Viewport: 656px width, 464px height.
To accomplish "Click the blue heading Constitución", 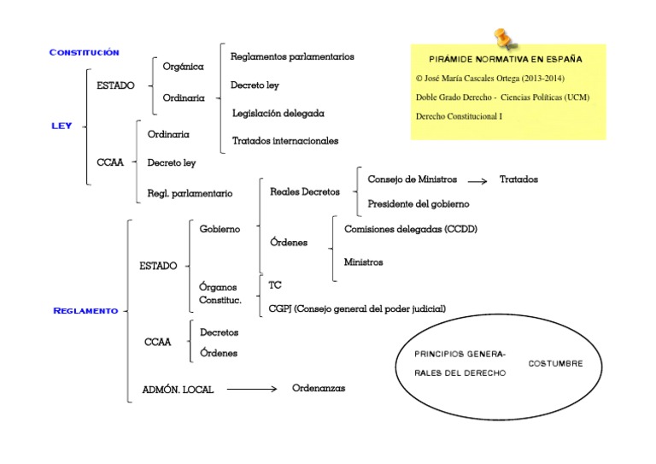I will [x=84, y=53].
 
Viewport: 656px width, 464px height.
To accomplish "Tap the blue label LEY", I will [x=61, y=126].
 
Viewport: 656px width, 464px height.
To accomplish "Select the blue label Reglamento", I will [x=85, y=311].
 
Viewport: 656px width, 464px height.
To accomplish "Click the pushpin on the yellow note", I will [x=501, y=38].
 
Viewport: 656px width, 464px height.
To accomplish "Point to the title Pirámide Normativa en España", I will [x=506, y=60].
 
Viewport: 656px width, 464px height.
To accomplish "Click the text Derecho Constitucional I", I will [x=459, y=115].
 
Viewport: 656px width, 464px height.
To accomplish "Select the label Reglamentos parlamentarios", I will [x=292, y=56].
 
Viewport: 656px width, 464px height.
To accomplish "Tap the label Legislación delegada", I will [x=278, y=113].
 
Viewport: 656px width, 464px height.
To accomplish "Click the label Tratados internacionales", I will [x=285, y=140].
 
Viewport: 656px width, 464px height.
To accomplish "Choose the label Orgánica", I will [x=183, y=66].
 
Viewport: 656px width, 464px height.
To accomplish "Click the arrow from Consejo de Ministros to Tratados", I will [x=479, y=180].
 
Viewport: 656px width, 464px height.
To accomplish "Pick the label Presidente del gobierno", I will [x=418, y=204].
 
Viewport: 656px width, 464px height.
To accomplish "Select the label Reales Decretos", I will [x=304, y=192].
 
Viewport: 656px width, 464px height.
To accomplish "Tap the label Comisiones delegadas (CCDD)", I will [x=410, y=229].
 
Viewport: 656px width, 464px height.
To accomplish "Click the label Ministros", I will [x=363, y=262].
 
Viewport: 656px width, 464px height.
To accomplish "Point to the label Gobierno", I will [x=220, y=229].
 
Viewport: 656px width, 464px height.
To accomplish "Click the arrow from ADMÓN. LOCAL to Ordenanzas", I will [x=252, y=390].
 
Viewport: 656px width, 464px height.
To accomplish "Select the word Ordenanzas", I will [x=319, y=388].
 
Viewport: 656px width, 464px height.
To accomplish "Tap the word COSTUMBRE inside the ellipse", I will [x=556, y=363].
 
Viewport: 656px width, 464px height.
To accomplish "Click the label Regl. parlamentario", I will [x=190, y=194].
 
